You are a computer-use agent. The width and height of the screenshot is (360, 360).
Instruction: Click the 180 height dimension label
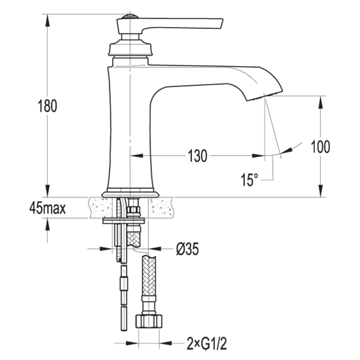(47, 107)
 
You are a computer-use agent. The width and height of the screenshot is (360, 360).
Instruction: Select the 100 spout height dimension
(320, 147)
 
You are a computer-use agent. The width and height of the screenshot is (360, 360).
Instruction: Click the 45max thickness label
(47, 208)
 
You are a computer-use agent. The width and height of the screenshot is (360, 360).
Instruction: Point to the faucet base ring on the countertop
(130, 194)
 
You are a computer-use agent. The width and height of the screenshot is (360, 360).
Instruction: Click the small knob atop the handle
(130, 17)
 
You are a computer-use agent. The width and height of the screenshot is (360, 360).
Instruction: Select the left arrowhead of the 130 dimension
(135, 157)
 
